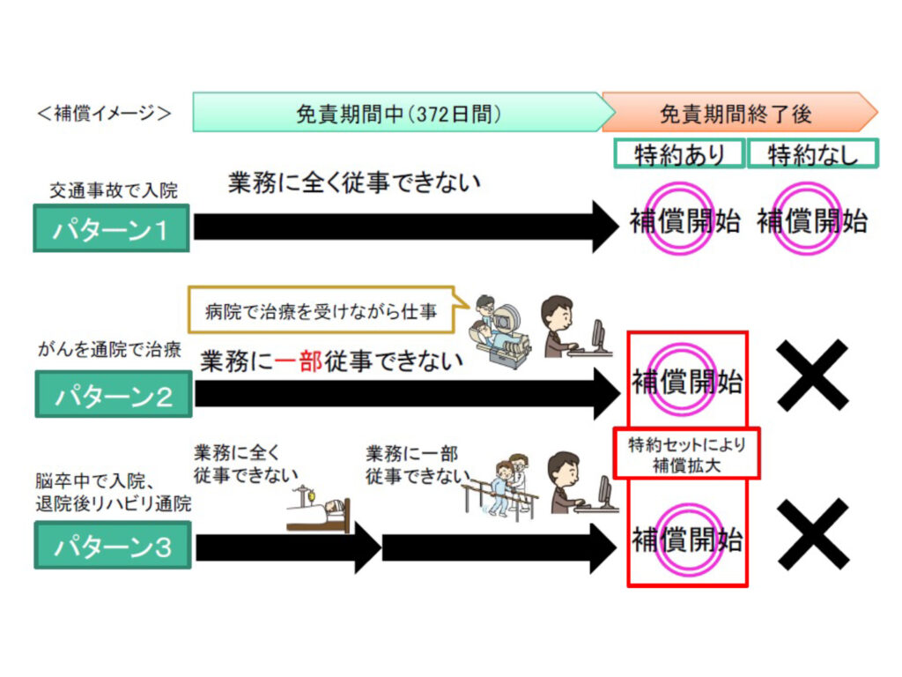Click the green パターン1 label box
111,227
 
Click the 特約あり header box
679,154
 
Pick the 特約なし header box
813,154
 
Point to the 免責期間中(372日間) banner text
398,113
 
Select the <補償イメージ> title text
104,114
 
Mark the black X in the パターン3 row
813,533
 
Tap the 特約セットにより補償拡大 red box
686,454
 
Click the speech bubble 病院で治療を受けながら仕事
321,310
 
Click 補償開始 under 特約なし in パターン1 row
812,220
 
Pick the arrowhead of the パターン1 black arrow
605,227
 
